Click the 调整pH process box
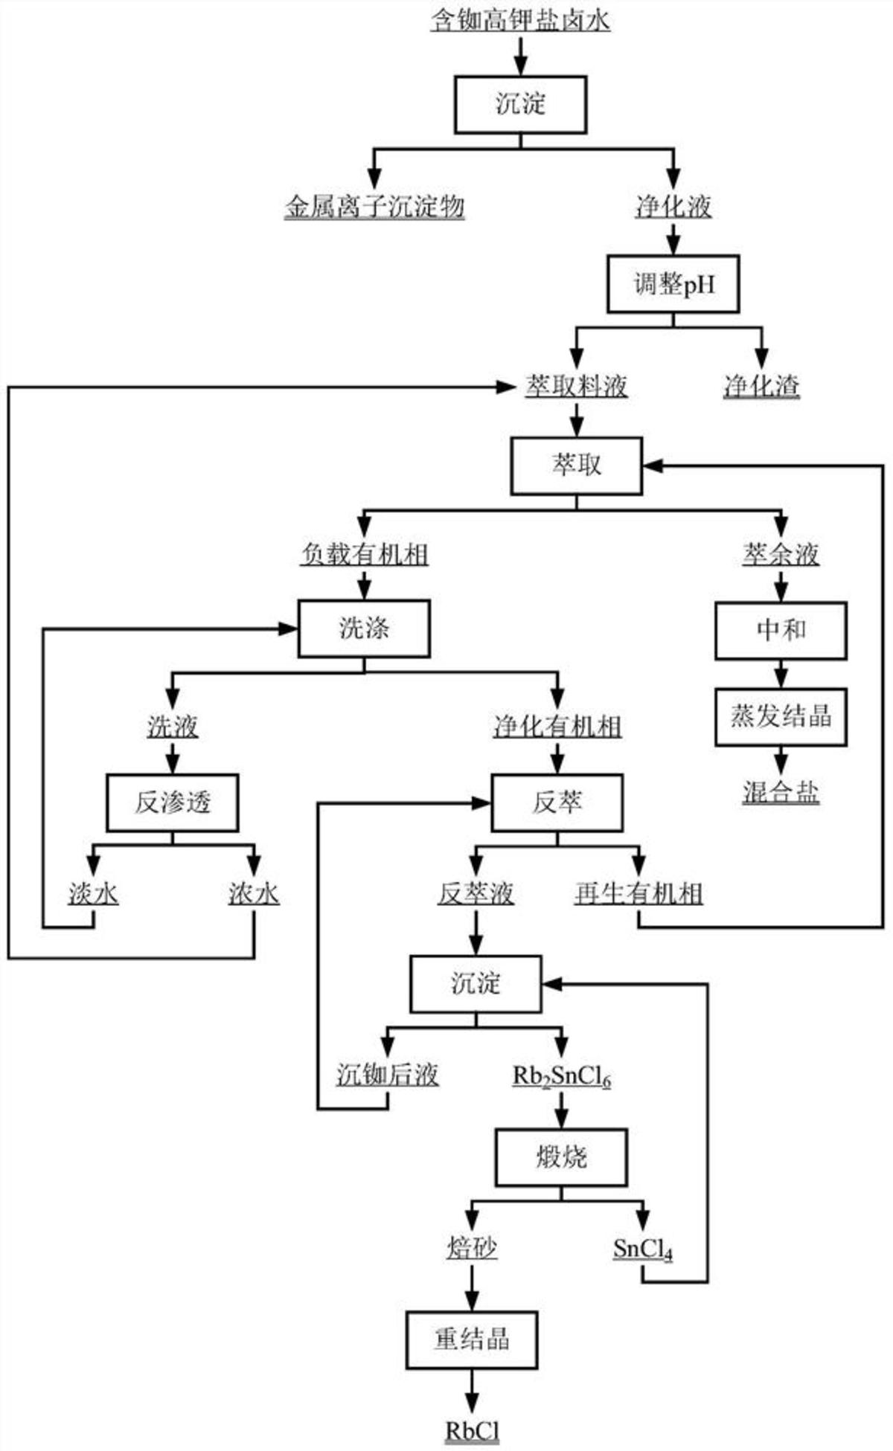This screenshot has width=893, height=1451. click(x=673, y=284)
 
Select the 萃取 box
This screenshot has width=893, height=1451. click(x=576, y=466)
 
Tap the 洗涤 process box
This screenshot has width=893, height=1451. click(x=364, y=629)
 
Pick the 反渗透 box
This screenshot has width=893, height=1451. click(x=173, y=802)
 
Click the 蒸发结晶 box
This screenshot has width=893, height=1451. click(x=781, y=717)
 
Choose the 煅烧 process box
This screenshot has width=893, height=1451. click(x=561, y=1157)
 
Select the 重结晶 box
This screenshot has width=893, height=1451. click(x=472, y=1340)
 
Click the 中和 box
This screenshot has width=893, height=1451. click(x=781, y=630)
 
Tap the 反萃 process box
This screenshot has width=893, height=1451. click(x=557, y=802)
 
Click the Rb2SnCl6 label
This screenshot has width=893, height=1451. click(x=562, y=1075)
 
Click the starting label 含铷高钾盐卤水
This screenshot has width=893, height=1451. click(x=520, y=20)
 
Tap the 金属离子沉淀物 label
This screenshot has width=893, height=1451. click(x=374, y=206)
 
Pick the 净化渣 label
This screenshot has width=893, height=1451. click(x=761, y=386)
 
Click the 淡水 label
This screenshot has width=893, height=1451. click(x=93, y=893)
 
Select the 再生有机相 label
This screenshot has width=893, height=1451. click(x=638, y=893)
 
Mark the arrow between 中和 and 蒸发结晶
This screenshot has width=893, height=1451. click(x=781, y=674)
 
